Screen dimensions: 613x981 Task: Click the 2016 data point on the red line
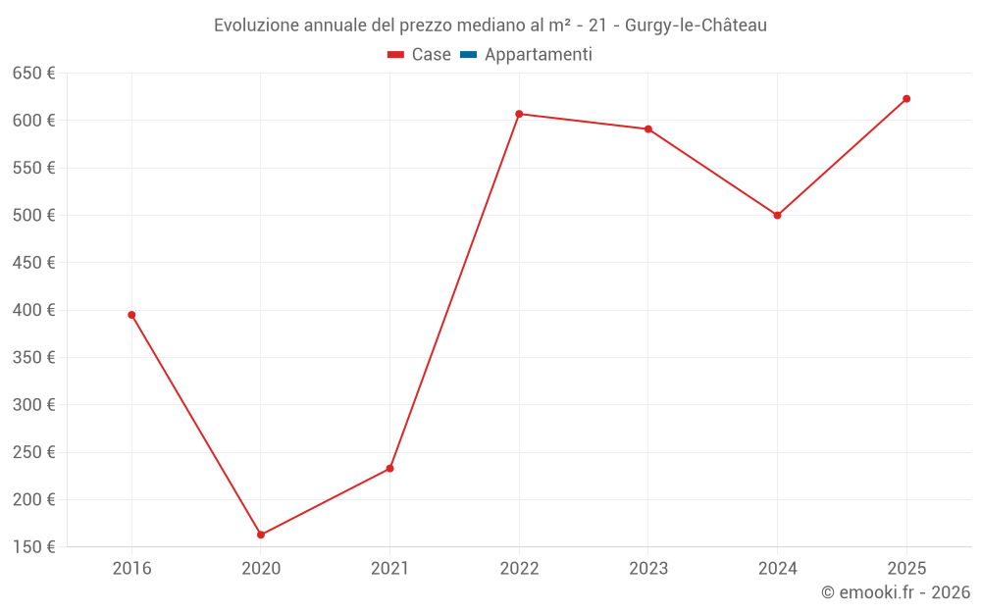pos(131,315)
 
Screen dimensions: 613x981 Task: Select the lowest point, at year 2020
pos(261,535)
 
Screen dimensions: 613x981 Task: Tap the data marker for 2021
pos(389,468)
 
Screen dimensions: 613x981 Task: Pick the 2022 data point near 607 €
pos(519,114)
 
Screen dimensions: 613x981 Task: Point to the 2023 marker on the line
pos(648,128)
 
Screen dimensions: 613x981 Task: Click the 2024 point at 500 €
pos(777,215)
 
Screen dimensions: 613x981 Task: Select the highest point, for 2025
pos(906,98)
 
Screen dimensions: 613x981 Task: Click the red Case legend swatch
pos(395,55)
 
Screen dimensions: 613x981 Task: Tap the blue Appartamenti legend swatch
pos(468,55)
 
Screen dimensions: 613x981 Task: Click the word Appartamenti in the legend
pos(538,55)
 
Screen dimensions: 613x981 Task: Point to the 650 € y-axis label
pos(33,74)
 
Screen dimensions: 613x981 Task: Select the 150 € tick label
pos(33,546)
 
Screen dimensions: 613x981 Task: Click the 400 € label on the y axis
pos(33,310)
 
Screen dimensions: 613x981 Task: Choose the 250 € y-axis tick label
pos(33,452)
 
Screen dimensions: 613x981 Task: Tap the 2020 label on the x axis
pos(261,568)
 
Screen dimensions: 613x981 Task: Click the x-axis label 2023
pos(648,568)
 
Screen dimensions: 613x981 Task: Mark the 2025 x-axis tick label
pos(906,568)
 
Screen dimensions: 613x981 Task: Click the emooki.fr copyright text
pos(896,592)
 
